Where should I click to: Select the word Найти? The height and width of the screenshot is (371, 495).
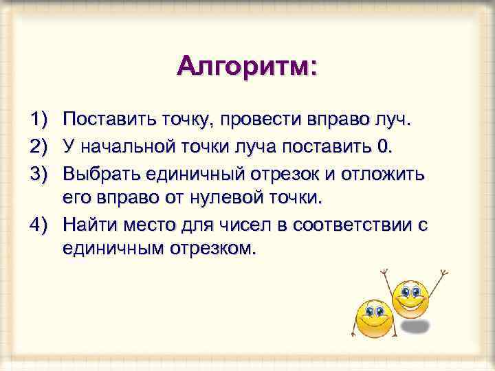(89, 224)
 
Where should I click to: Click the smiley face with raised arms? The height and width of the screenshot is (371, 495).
(411, 297)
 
